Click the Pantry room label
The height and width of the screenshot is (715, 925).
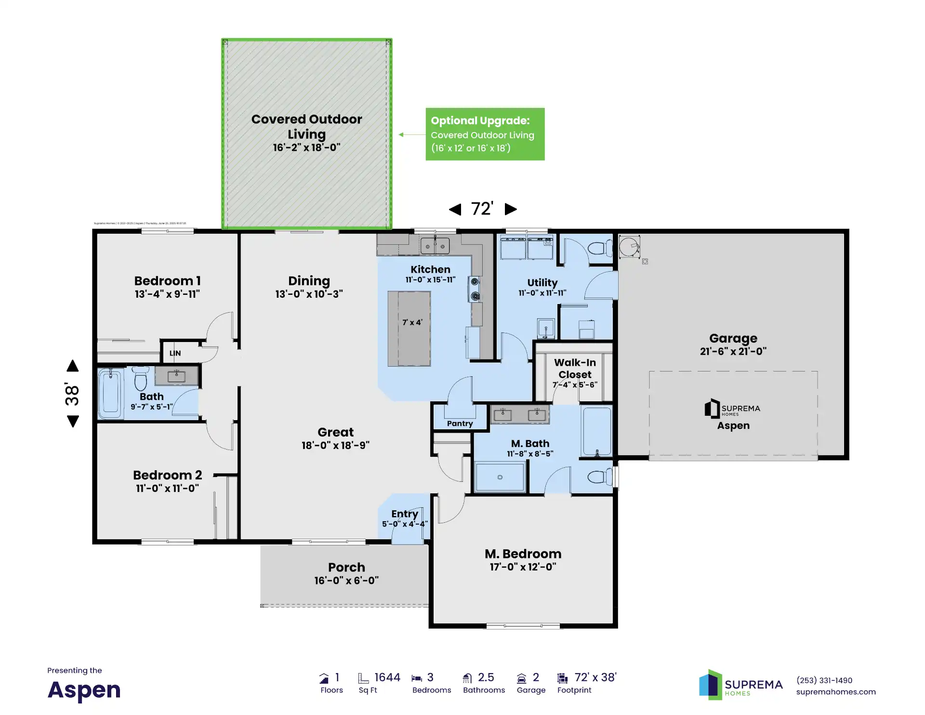point(460,424)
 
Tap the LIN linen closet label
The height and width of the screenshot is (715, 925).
point(175,353)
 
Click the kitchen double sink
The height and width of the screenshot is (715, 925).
point(435,246)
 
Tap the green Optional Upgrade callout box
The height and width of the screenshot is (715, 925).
point(485,134)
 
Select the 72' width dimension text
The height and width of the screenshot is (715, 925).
point(482,209)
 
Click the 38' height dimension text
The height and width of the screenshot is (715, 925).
point(72,394)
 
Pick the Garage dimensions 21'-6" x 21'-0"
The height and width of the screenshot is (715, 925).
point(733,351)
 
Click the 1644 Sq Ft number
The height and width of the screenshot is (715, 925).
point(387,677)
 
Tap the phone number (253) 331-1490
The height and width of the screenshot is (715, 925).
point(824,680)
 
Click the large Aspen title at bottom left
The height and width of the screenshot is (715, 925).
point(84,690)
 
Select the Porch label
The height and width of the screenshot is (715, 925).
point(346,567)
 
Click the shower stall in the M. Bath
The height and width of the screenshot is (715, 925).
point(500,477)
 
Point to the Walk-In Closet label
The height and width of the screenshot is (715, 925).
point(575,369)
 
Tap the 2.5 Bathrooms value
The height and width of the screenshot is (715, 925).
point(486,677)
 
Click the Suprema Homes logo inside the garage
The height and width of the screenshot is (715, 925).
point(732,409)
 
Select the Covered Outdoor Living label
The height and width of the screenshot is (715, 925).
point(306,126)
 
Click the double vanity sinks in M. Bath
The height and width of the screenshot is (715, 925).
point(519,414)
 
